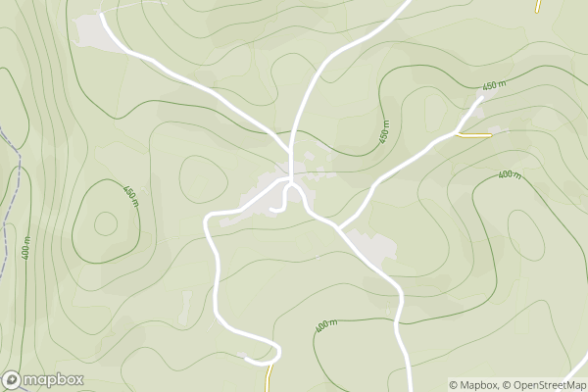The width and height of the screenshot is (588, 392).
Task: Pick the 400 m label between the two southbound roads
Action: tap(325, 324)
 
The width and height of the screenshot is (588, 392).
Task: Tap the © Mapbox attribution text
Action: tap(473, 385)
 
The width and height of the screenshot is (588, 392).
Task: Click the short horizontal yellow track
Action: tap(474, 135)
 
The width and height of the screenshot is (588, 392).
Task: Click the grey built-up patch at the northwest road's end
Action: tap(91, 31)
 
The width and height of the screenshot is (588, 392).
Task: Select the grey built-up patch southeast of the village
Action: tap(373, 246)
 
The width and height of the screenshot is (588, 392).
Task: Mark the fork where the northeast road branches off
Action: tap(339, 227)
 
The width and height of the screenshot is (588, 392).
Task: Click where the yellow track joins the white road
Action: tap(458, 133)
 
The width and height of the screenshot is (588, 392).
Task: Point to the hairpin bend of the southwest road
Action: tap(277, 353)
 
